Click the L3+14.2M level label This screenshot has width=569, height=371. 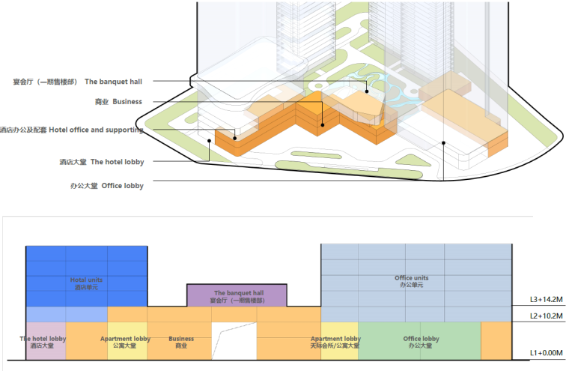[546, 299]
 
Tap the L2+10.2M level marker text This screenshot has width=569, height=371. [546, 316]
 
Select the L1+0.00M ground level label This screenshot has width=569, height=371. [546, 352]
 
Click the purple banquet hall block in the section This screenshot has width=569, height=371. [235, 295]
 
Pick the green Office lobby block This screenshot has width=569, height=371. [419, 341]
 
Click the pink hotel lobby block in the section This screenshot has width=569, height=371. [46, 342]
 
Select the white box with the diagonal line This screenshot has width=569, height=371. [234, 341]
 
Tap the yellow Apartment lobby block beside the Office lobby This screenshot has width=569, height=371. [335, 342]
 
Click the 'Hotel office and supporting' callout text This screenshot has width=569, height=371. [72, 130]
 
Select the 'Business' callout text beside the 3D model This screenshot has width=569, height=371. [118, 102]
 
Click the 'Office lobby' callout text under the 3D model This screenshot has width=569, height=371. [102, 186]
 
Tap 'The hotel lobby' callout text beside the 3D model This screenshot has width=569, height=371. [102, 162]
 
